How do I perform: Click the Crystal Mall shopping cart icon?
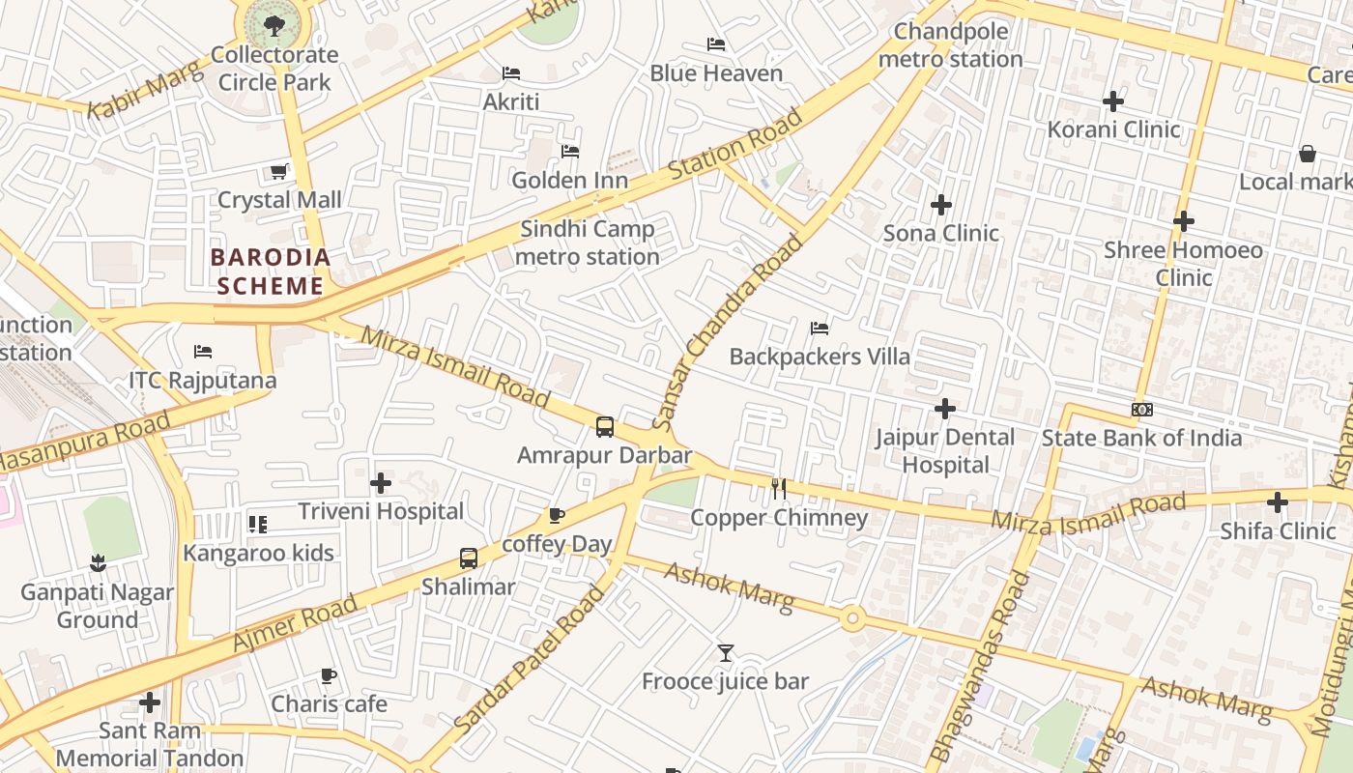click(x=278, y=172)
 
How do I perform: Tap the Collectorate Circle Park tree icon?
click(x=274, y=24)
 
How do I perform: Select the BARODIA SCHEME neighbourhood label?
click(x=271, y=272)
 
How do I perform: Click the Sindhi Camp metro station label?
click(x=588, y=243)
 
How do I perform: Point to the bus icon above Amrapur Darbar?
click(x=605, y=426)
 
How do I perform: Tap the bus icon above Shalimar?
click(x=469, y=558)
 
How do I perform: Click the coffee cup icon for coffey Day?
click(x=556, y=515)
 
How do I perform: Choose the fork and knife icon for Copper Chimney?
click(x=779, y=489)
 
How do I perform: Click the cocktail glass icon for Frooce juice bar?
click(x=726, y=653)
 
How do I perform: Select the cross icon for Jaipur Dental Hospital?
click(x=945, y=409)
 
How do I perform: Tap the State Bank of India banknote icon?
click(x=1142, y=410)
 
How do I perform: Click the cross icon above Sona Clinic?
click(x=941, y=205)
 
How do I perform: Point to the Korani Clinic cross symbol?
click(x=1113, y=100)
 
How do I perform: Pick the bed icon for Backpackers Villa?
click(x=820, y=329)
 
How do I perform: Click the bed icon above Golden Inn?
click(x=570, y=152)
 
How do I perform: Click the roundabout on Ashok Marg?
click(x=851, y=618)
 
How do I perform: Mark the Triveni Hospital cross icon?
click(x=381, y=482)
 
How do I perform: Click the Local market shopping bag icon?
click(x=1308, y=154)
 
